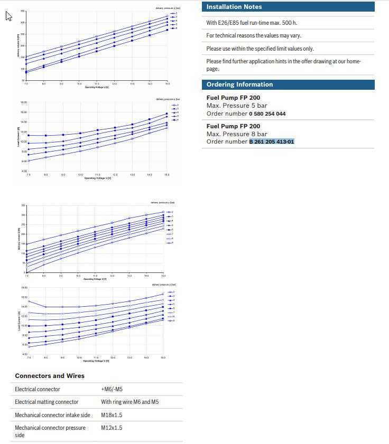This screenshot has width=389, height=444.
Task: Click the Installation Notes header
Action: tap(234, 7)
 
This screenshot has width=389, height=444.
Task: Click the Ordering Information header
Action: tap(239, 84)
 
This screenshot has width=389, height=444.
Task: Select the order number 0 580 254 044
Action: tap(267, 114)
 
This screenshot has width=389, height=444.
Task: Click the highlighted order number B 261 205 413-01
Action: tap(272, 141)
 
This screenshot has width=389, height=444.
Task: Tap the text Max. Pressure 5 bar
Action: tap(236, 106)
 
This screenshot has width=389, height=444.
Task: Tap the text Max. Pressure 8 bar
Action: tap(236, 134)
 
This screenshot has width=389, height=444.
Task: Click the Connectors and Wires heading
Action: tap(50, 376)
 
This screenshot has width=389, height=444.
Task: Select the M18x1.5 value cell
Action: tap(112, 415)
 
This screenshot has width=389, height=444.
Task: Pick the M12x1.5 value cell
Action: tap(112, 428)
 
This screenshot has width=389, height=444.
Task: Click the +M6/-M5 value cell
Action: tap(112, 389)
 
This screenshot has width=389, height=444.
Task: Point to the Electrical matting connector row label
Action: tap(47, 402)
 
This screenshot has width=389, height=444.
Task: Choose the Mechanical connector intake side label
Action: tap(52, 415)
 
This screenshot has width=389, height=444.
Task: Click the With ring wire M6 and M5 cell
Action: tap(129, 402)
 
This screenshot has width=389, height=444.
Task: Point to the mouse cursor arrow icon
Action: tap(8, 16)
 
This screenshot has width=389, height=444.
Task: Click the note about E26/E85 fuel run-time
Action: tap(251, 23)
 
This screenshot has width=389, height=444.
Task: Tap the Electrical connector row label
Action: tap(37, 389)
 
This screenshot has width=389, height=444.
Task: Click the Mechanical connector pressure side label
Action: tap(50, 431)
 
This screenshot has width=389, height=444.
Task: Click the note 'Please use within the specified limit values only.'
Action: tap(260, 49)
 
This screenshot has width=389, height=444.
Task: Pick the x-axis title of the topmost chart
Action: tap(96, 87)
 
